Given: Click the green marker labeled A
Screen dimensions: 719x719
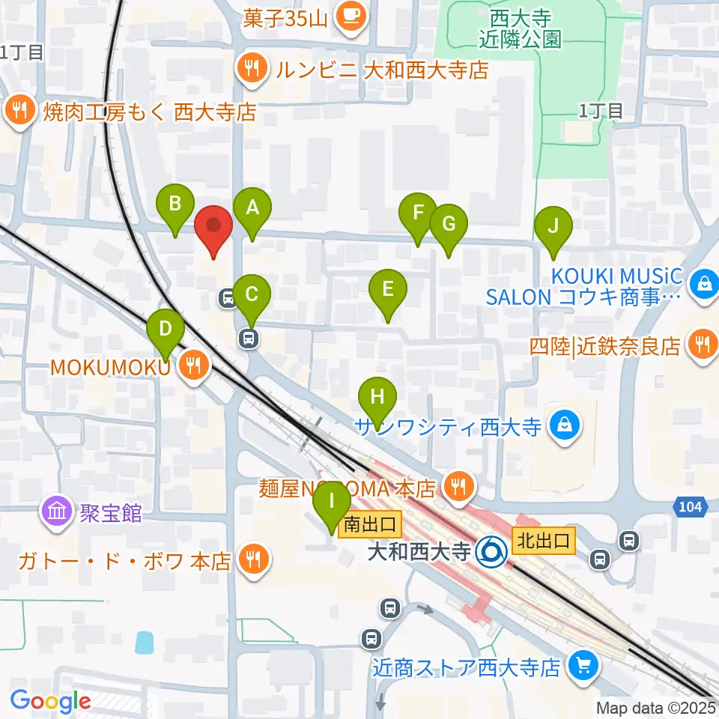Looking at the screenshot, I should point(252,209).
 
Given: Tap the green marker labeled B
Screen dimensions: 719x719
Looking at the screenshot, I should point(175,205).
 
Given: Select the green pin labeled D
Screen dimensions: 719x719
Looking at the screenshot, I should point(166,330).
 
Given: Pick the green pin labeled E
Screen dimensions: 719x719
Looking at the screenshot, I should point(388,291).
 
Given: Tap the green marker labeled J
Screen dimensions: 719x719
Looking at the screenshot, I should point(553,228).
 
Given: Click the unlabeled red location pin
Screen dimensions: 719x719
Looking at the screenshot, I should point(213,227).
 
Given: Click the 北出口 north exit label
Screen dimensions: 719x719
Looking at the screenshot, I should point(543,539).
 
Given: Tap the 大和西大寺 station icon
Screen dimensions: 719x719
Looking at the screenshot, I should point(493,553).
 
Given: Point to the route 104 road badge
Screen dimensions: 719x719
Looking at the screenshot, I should point(691,508).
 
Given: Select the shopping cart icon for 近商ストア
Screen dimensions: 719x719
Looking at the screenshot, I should point(582,664).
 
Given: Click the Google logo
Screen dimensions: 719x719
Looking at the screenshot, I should point(50,701).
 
